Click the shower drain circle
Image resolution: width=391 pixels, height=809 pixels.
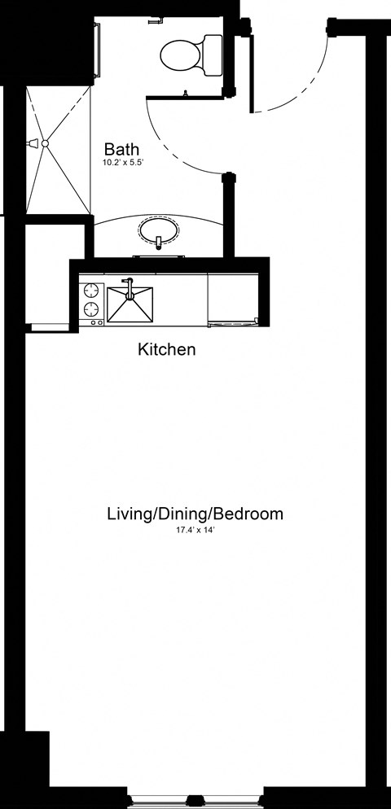46,144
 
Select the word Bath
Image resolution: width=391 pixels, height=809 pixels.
122,150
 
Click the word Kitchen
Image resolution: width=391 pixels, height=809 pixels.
167,351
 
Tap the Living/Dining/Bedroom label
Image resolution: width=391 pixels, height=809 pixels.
195,514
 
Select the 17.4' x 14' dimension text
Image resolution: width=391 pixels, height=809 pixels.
195,531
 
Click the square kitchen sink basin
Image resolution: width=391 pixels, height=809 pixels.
130,304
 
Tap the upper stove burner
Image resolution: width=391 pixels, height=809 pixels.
90,290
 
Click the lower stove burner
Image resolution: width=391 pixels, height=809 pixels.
90,309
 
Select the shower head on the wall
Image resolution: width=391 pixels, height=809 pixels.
34,144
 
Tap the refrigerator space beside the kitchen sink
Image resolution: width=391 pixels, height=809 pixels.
235,298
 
